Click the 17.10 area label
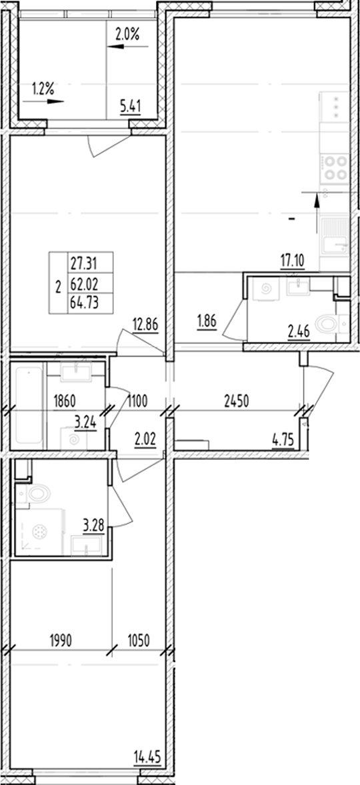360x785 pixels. pos(291,261)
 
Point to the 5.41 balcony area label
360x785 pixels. pos(131,104)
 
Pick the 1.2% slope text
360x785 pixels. pos(43,87)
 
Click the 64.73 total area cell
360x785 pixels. pos(83,306)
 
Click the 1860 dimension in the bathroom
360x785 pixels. pos(67,401)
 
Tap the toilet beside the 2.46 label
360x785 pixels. pos(327,325)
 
